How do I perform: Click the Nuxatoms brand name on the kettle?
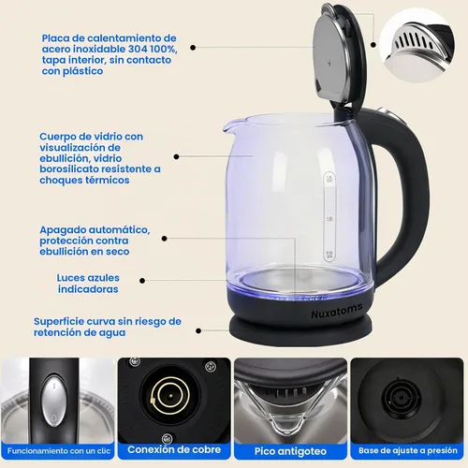pyautogui.click(x=337, y=311)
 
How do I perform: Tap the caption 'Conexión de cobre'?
pyautogui.click(x=174, y=449)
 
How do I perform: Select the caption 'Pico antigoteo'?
pyautogui.click(x=290, y=451)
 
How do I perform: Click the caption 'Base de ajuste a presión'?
pyautogui.click(x=408, y=450)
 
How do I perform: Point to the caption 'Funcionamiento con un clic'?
pyautogui.click(x=59, y=451)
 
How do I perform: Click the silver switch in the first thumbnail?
pyautogui.click(x=54, y=401)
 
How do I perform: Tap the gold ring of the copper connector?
pyautogui.click(x=170, y=396)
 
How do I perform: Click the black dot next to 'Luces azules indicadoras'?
pyautogui.click(x=142, y=281)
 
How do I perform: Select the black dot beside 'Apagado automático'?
pyautogui.click(x=165, y=239)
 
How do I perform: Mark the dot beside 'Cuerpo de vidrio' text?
pyautogui.click(x=176, y=156)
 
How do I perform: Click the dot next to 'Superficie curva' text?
pyautogui.click(x=198, y=330)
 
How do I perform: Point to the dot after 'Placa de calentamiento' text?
pyautogui.click(x=193, y=48)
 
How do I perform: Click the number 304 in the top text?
pyautogui.click(x=138, y=49)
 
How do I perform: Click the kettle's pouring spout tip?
pyautogui.click(x=225, y=128)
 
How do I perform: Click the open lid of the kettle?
pyautogui.click(x=339, y=54)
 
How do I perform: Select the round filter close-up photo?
pyautogui.click(x=417, y=46)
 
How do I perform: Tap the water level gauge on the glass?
pyautogui.click(x=329, y=217)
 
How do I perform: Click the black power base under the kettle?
pyautogui.click(x=300, y=330)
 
